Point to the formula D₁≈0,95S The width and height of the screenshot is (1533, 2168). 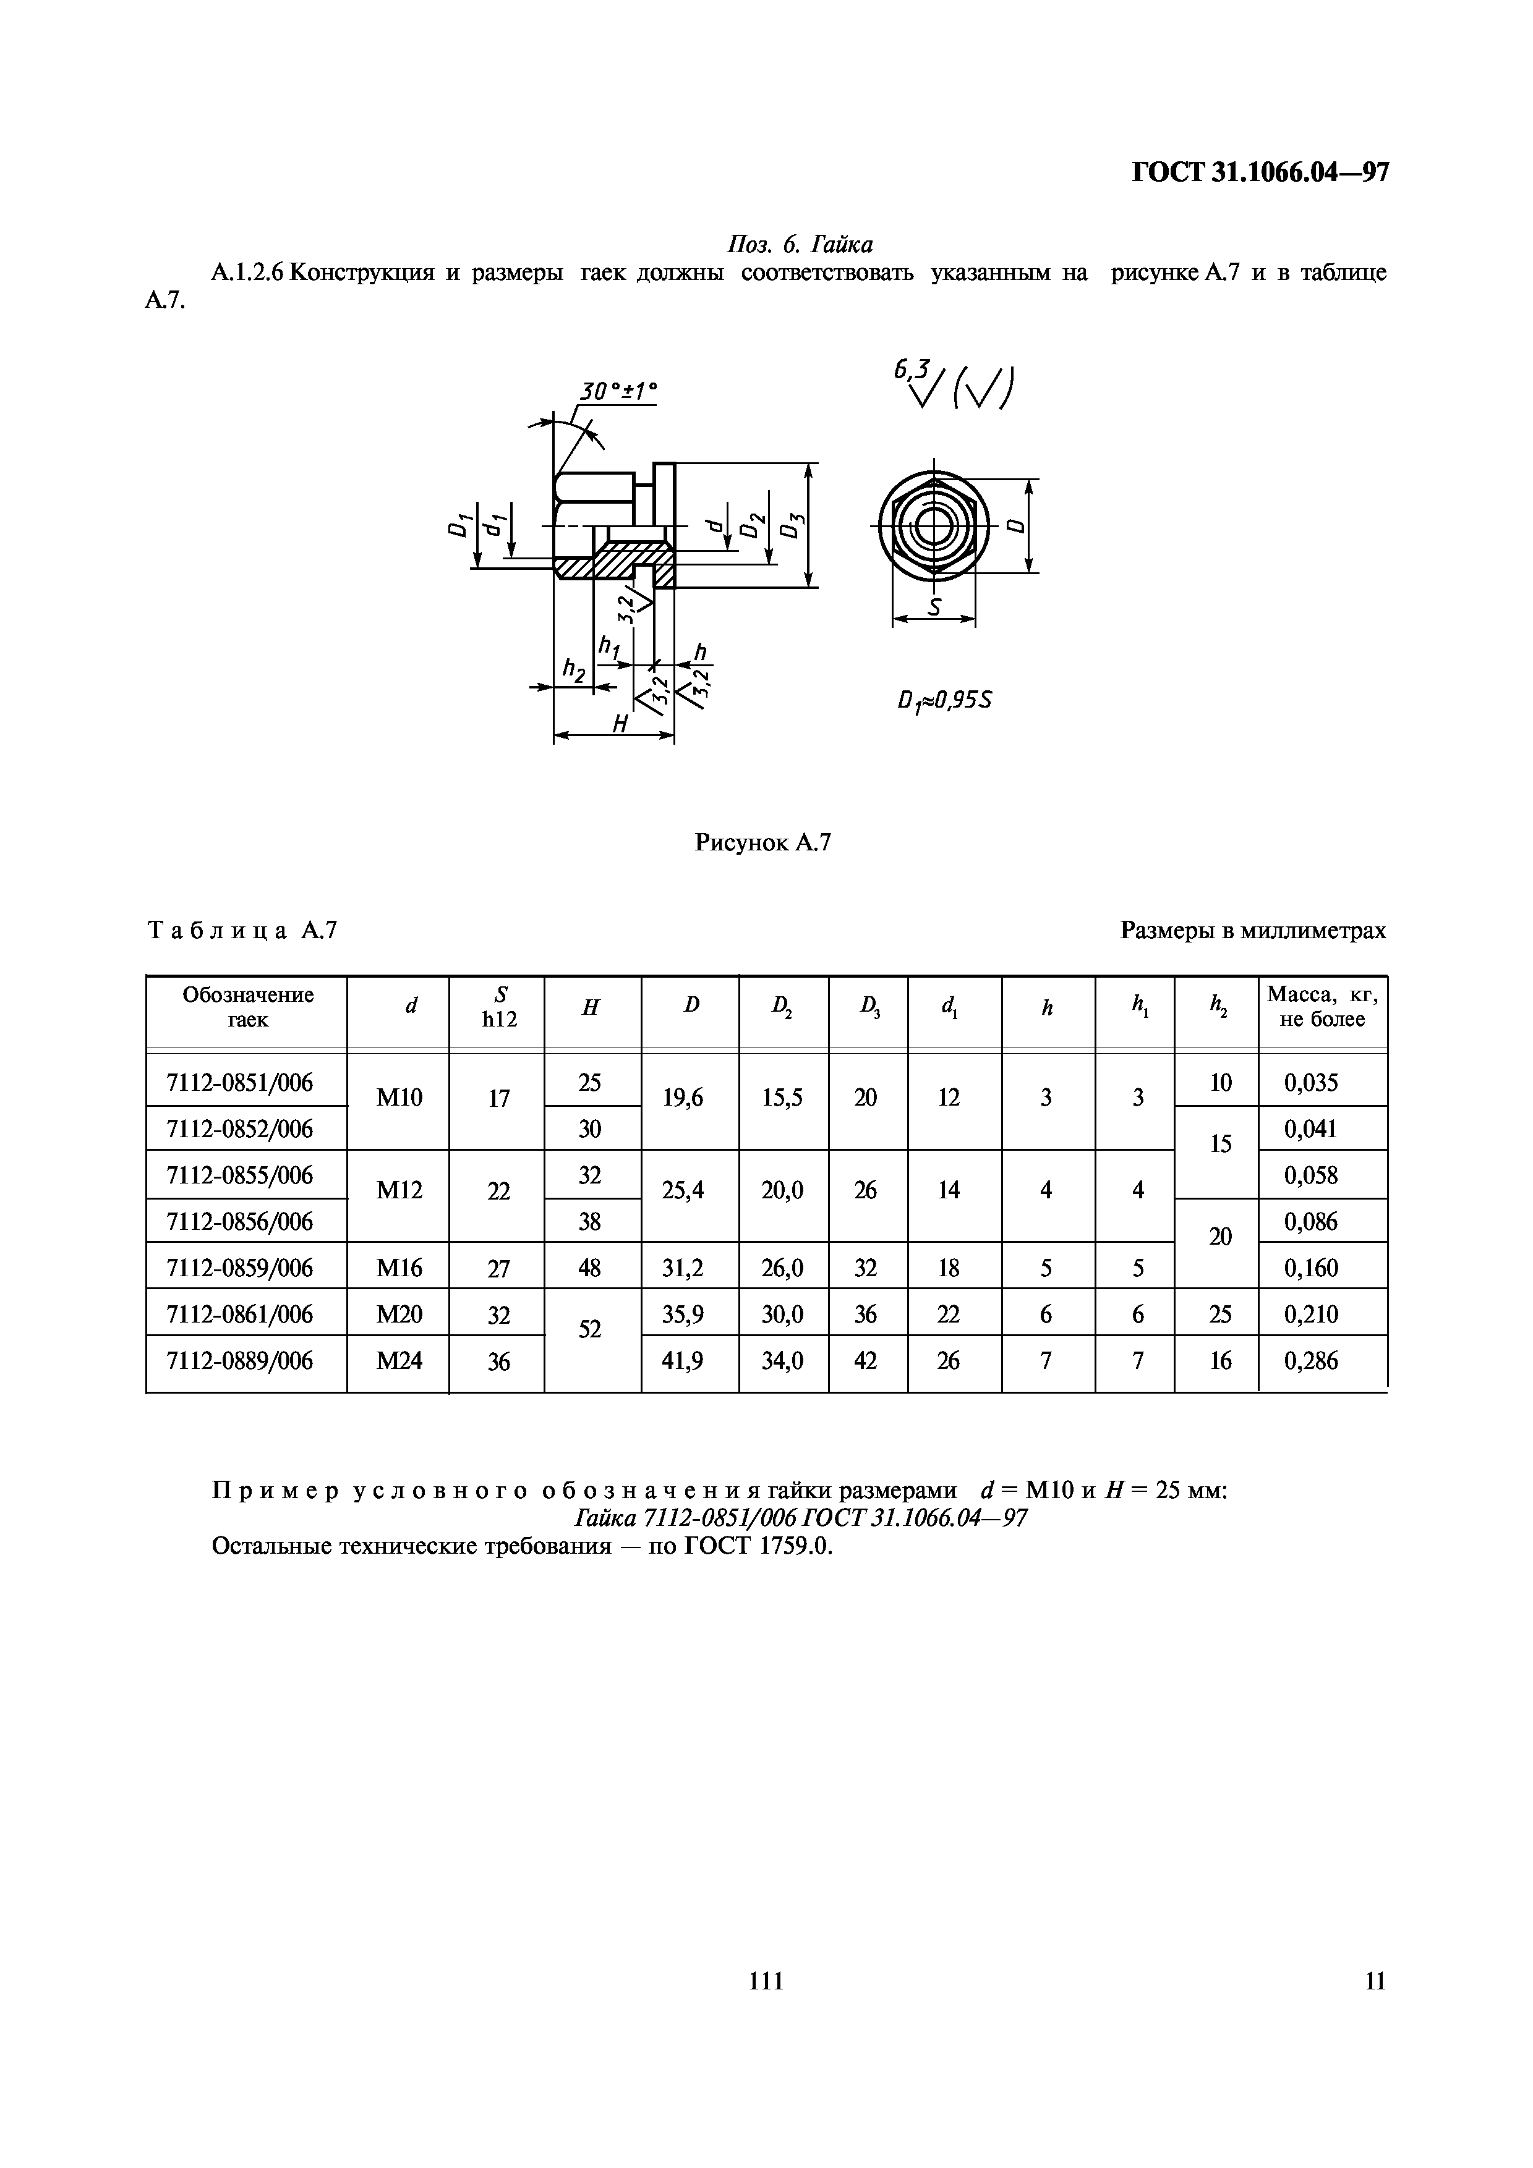[x=944, y=701]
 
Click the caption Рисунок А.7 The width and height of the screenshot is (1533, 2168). [x=762, y=842]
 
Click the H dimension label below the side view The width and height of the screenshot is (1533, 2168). [x=621, y=723]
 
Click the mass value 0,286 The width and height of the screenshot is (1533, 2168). [x=1311, y=1361]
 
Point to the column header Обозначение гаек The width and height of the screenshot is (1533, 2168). [x=247, y=1007]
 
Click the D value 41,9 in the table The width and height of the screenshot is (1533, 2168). [x=690, y=1361]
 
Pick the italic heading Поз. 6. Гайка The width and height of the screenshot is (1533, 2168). [x=799, y=245]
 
